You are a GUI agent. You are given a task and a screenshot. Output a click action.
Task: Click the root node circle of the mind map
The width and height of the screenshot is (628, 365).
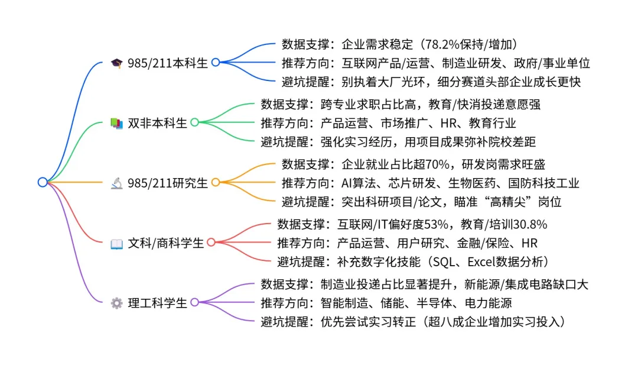click(42, 182)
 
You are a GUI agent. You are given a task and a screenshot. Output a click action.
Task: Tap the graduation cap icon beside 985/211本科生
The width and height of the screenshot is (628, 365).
click(116, 63)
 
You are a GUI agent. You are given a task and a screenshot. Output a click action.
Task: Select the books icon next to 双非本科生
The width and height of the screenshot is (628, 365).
click(116, 123)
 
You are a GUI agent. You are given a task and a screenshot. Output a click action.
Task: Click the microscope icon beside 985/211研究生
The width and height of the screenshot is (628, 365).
click(116, 183)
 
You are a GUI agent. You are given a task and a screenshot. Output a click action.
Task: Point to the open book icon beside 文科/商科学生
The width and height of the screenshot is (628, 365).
click(116, 243)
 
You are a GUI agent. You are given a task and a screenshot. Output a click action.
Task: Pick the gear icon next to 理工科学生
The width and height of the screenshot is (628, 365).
click(116, 303)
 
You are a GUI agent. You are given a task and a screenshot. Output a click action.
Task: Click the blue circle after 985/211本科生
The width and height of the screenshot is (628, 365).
click(216, 62)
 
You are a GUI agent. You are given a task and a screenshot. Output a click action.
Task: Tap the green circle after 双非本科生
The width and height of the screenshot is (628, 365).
click(194, 122)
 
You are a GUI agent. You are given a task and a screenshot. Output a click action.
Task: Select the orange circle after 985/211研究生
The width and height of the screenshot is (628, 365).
click(216, 183)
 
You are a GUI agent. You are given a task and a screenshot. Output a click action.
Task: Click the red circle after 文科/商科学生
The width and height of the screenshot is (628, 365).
click(211, 243)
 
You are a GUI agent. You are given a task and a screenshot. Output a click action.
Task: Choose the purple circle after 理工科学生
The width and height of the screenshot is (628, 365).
click(194, 303)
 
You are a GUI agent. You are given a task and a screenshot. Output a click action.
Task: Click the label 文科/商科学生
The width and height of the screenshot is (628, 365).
click(165, 243)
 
